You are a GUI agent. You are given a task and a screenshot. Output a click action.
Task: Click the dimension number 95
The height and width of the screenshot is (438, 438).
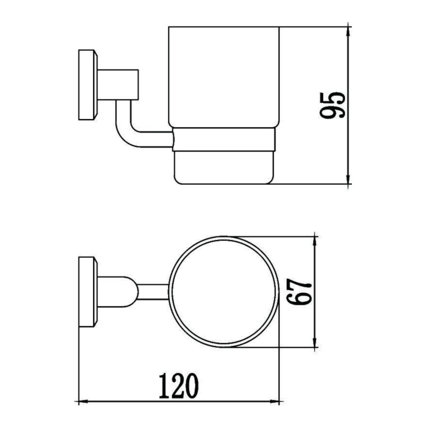(x=333, y=105)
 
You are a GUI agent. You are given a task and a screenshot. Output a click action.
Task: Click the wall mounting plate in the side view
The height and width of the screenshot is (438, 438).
(x=86, y=85)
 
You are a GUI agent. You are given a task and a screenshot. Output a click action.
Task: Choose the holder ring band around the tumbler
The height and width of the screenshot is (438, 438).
(x=224, y=140)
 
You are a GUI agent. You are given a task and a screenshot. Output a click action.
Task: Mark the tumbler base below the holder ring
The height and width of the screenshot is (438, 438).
(x=224, y=167)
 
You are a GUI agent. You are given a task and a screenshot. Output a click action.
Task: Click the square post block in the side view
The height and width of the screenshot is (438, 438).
(x=117, y=84)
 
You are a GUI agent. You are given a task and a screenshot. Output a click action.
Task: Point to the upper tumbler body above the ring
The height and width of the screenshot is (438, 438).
(x=224, y=77)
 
